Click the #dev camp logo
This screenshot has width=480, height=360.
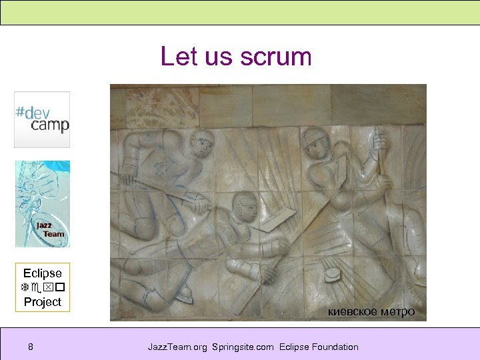tap(42, 119)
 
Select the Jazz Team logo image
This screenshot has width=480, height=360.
tap(43, 204)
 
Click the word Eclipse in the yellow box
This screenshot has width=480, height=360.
tap(42, 273)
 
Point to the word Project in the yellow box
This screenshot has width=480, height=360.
tap(42, 302)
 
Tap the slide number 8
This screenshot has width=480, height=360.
tap(31, 347)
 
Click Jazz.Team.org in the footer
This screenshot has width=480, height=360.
tap(177, 347)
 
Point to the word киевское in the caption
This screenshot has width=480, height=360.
tap(353, 311)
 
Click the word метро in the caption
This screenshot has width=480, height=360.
tap(398, 311)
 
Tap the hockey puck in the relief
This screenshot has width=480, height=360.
tap(332, 274)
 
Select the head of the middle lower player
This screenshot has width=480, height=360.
tap(243, 207)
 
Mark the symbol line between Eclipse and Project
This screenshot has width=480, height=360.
tap(42, 288)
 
